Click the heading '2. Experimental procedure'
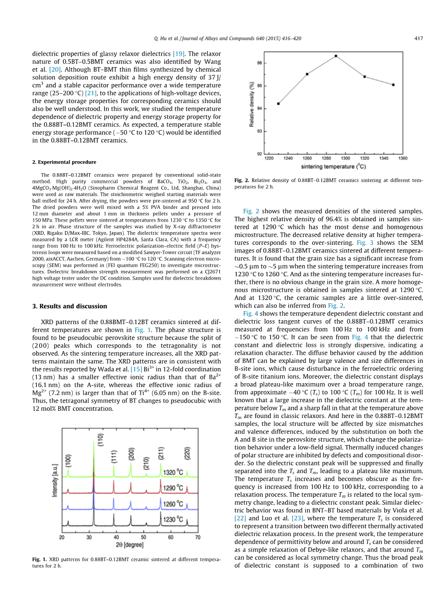(64, 162)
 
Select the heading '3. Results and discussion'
(70, 306)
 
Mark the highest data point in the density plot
(335, 56)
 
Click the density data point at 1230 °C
(278, 104)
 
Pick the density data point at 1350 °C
(393, 85)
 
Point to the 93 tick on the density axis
(260, 131)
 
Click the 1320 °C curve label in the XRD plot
(173, 473)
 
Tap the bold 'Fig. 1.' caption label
(40, 559)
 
